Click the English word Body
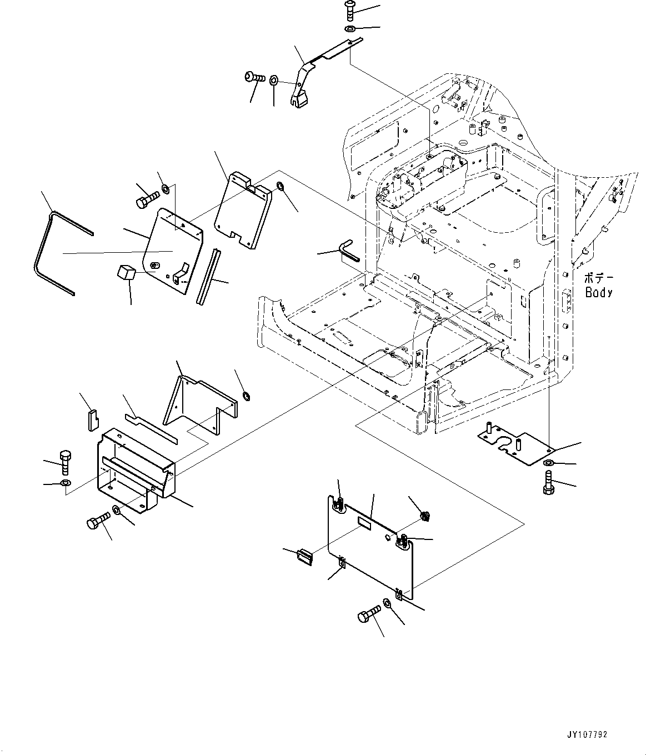tap(598, 293)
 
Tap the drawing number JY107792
tap(587, 734)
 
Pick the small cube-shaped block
tap(127, 273)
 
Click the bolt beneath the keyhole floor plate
tap(547, 481)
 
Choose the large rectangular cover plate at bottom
tap(369, 544)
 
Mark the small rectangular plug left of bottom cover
tap(305, 557)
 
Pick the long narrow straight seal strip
tap(208, 276)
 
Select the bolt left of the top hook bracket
tap(254, 78)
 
